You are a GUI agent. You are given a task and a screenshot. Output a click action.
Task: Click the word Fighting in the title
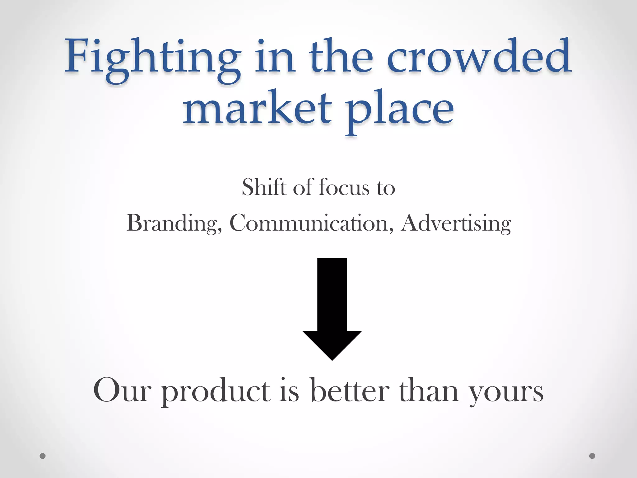pos(152,59)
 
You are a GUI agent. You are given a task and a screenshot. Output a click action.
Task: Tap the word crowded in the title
pos(479,58)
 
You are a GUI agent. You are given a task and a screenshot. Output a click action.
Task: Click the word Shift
pos(264,187)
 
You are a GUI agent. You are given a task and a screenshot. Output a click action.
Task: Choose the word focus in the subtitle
pos(344,188)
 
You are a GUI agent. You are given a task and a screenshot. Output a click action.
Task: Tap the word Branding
pos(174,223)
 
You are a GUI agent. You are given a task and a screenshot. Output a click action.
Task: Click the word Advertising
pos(456,223)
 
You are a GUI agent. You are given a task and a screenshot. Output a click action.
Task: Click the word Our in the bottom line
pos(122,391)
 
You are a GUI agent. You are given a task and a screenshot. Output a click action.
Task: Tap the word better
pos(350,391)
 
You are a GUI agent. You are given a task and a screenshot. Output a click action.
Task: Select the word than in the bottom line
pos(429,391)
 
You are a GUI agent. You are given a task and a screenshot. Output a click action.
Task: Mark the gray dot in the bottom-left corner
pos(43,456)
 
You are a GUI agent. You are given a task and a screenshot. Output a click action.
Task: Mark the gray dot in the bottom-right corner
pos(592,456)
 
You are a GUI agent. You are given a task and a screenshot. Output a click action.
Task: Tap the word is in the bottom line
pos(289,391)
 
